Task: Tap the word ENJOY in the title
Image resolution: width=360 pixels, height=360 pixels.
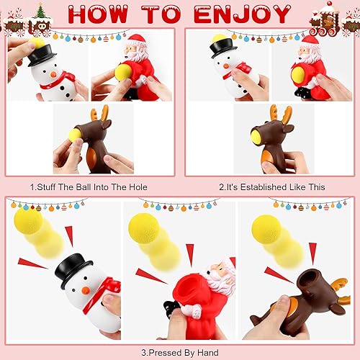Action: coord(238,14)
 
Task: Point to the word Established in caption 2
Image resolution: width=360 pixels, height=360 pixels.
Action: coord(261,186)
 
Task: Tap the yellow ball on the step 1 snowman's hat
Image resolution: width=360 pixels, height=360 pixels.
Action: coord(37,44)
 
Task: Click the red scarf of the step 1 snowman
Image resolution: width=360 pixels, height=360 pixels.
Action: coord(58,78)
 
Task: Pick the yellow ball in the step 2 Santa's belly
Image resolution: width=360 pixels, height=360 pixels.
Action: coord(297,75)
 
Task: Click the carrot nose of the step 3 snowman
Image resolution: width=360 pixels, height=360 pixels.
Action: coord(84,290)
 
